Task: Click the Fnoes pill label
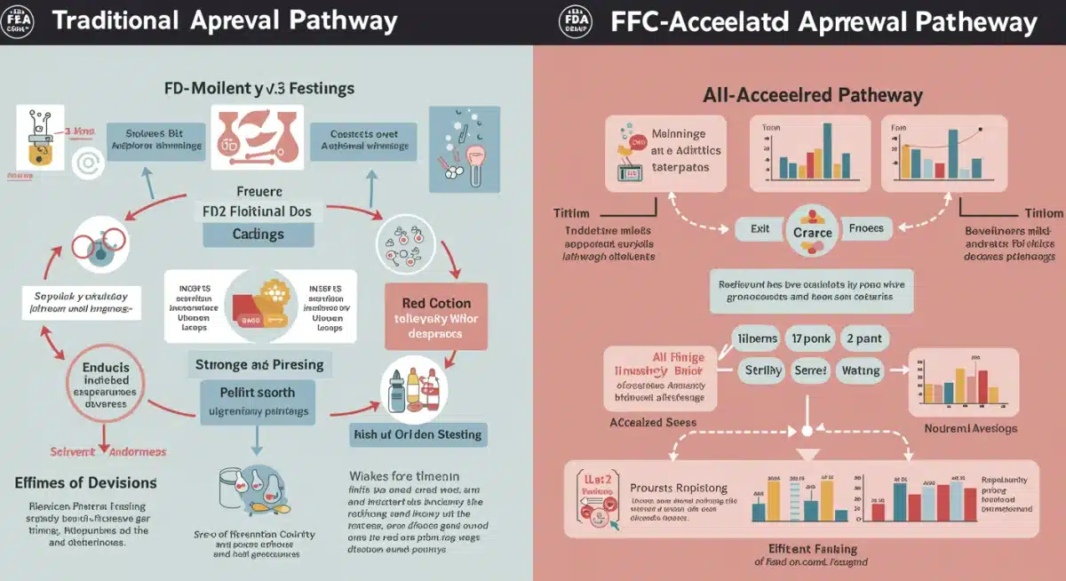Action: tap(866, 228)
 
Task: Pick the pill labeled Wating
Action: tap(860, 370)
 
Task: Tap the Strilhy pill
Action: tap(758, 370)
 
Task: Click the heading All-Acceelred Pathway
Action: tap(813, 95)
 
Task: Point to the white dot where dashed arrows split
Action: tap(808, 430)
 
